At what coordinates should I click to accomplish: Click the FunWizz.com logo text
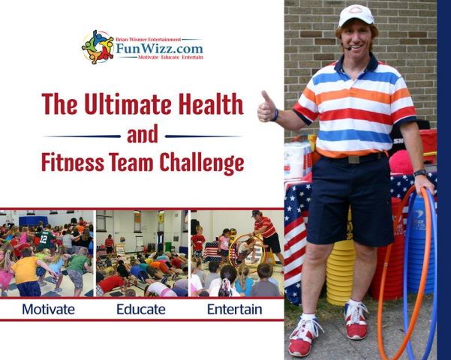point(159,48)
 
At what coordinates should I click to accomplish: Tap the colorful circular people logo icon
point(98,46)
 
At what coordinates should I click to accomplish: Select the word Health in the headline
point(211,103)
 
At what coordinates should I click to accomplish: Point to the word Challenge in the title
point(202,163)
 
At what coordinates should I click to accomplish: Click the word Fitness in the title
point(73,162)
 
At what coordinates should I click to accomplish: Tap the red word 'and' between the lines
point(143,134)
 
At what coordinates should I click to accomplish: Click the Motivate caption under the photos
point(48,310)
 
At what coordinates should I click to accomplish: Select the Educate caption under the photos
point(141,310)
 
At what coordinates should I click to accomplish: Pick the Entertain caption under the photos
point(234,310)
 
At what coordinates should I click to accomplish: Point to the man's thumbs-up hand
point(266,107)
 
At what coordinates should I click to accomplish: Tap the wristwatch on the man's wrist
point(420,172)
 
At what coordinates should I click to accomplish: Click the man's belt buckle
point(353,159)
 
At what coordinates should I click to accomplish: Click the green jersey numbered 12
point(44,239)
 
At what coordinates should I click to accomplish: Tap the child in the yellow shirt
point(26,271)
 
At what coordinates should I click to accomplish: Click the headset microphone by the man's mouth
point(349,49)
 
